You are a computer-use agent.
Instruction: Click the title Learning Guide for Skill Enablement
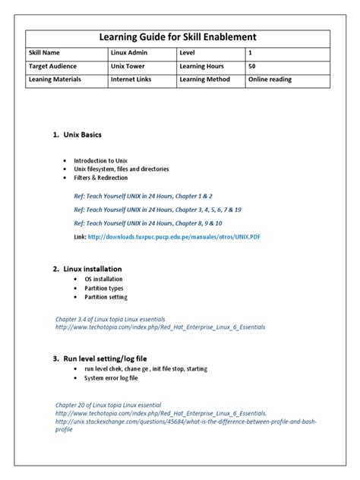(179, 37)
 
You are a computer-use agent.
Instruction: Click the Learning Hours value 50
(252, 66)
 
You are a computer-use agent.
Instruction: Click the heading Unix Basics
(81, 134)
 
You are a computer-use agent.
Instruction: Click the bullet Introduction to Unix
(100, 161)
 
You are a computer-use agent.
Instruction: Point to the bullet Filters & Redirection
(101, 178)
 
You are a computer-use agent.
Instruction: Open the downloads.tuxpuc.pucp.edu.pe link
(175, 237)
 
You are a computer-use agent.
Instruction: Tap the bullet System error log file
(111, 377)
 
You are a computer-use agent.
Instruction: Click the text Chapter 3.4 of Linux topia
(110, 319)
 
